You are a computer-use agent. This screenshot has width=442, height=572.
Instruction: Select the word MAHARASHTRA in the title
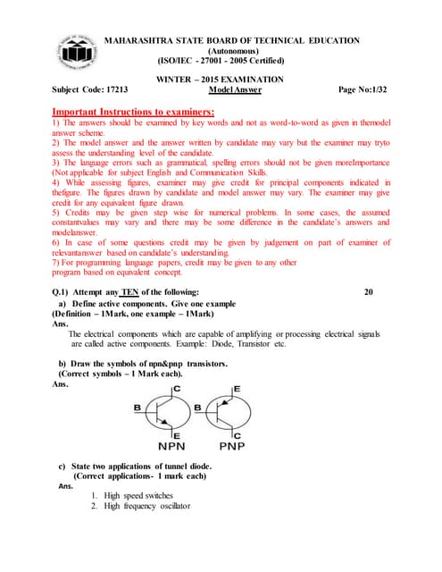click(x=142, y=40)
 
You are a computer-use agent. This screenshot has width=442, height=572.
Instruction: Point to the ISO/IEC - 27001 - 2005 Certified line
click(x=221, y=61)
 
